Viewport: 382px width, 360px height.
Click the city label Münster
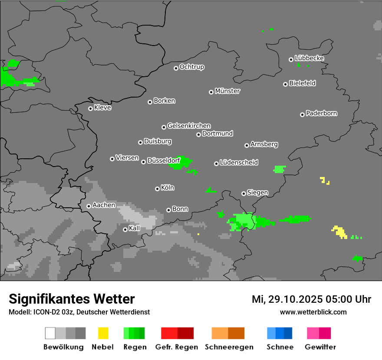[x=227, y=91]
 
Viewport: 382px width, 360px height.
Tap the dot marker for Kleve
[x=90, y=108]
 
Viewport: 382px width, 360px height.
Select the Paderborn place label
[x=321, y=113]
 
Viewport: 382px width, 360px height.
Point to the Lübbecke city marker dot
[x=291, y=59]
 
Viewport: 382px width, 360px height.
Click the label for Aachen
[x=104, y=205]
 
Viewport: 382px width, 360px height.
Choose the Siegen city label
[x=257, y=193]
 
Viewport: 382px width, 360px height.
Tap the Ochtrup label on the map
[x=192, y=67]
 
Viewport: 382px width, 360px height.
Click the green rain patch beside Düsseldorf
[x=185, y=162]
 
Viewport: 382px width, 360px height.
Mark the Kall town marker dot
[x=125, y=229]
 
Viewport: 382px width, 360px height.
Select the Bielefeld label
[x=302, y=83]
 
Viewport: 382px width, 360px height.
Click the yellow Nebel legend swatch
[x=103, y=333]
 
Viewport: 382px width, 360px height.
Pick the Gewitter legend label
[x=320, y=347]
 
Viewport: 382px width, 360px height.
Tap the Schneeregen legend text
[x=229, y=347]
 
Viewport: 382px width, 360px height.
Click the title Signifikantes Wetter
[x=72, y=299]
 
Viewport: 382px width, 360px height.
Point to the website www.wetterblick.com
[x=313, y=312]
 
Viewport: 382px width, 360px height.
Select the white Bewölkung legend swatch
[x=50, y=333]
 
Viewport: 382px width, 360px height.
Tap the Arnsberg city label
[x=264, y=144]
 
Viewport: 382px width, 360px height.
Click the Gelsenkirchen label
[x=189, y=126]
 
